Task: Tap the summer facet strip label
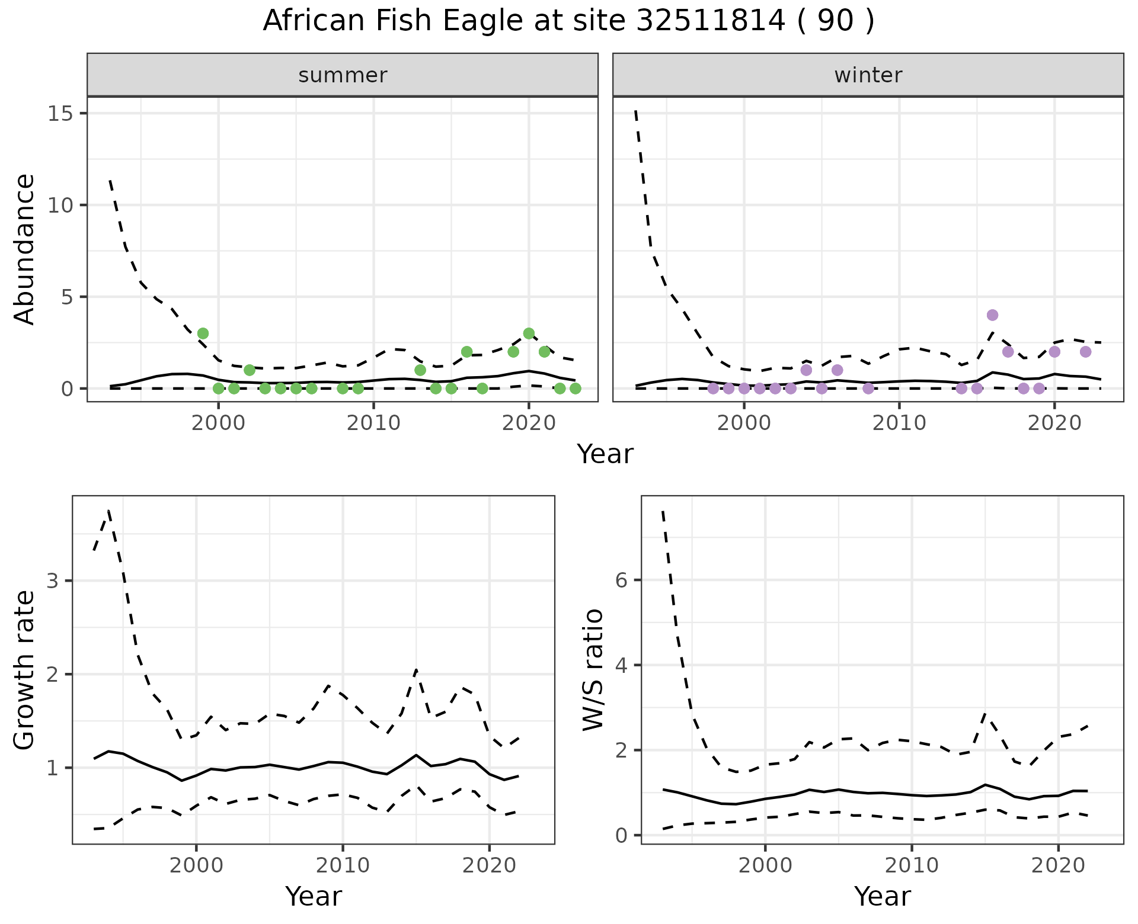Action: tap(343, 75)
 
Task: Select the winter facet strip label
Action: tap(868, 75)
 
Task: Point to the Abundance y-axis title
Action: tap(25, 249)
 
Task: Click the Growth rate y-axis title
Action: tap(25, 669)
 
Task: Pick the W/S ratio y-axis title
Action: tap(593, 669)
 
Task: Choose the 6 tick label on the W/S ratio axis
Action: tap(621, 580)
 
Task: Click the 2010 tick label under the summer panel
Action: tap(373, 423)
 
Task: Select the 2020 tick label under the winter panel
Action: tap(1054, 423)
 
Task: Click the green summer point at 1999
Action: tap(203, 333)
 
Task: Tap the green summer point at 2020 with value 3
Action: tap(529, 333)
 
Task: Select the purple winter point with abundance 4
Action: tap(992, 315)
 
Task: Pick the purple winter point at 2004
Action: tap(806, 370)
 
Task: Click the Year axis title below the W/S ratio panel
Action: tap(882, 896)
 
